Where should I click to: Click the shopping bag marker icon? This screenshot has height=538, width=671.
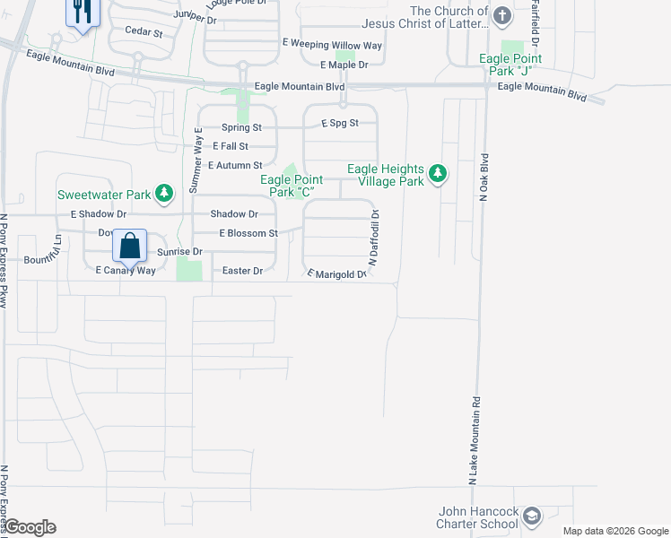pos(129,245)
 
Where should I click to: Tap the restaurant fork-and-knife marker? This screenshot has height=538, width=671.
pos(83,12)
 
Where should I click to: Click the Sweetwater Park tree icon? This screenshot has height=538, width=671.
pos(163,193)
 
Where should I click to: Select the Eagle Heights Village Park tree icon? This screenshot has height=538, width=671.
pos(437,173)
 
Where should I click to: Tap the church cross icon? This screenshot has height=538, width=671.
pos(501,15)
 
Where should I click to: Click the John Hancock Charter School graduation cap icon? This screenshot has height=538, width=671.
pos(532,516)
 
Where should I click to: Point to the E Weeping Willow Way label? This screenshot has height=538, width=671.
pos(332,45)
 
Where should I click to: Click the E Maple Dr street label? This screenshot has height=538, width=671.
pos(344,65)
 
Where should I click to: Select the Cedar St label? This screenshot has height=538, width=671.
pos(144,33)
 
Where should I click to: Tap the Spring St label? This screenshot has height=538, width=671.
pos(241,128)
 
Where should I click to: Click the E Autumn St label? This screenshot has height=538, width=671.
pos(234,165)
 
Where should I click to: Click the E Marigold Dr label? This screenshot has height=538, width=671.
pos(338,273)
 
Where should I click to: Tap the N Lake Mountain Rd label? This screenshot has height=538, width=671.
pos(473,442)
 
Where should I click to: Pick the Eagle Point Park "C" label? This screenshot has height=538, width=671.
pos(292,186)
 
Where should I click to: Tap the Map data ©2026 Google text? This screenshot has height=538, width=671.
pos(614,531)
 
